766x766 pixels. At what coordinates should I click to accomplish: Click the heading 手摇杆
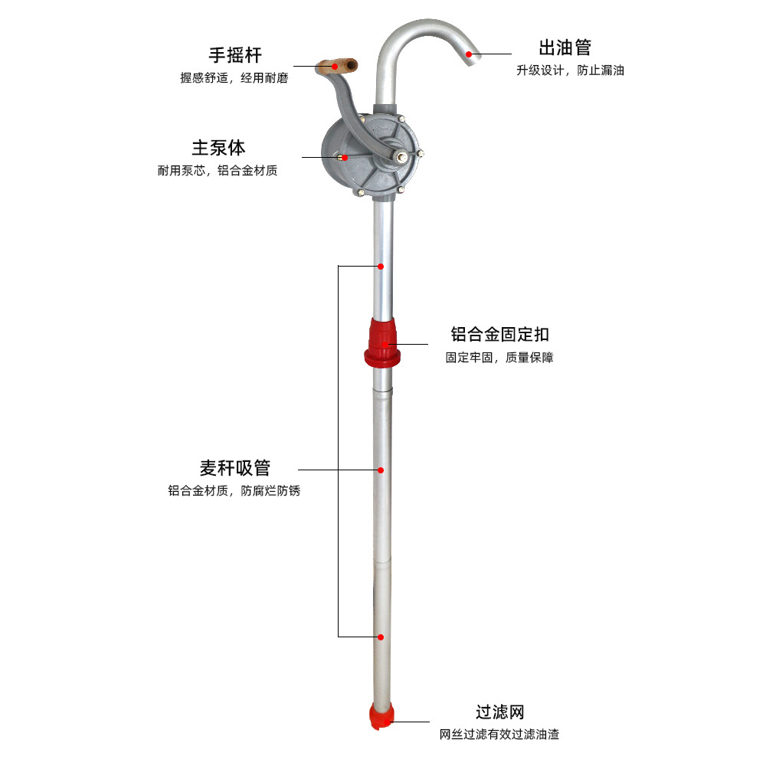(x=235, y=55)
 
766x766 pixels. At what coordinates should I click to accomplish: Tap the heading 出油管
(x=565, y=47)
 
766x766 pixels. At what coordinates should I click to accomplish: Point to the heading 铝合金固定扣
(x=499, y=335)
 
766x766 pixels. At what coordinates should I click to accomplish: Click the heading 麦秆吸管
(x=234, y=468)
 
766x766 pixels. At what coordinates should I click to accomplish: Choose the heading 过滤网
(x=499, y=712)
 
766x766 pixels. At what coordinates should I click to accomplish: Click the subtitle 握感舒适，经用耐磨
(x=234, y=78)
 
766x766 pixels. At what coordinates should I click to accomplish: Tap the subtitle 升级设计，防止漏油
(x=570, y=70)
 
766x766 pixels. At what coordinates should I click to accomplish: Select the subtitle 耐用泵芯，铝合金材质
(x=218, y=171)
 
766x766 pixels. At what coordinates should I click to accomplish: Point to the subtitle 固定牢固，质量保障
(x=499, y=358)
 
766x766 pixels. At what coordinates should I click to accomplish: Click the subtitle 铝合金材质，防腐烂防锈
(x=234, y=491)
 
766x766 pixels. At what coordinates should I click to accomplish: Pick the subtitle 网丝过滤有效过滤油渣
(x=499, y=735)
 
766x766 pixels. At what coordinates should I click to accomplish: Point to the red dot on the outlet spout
(x=469, y=54)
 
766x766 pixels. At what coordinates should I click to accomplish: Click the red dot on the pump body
(x=344, y=157)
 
